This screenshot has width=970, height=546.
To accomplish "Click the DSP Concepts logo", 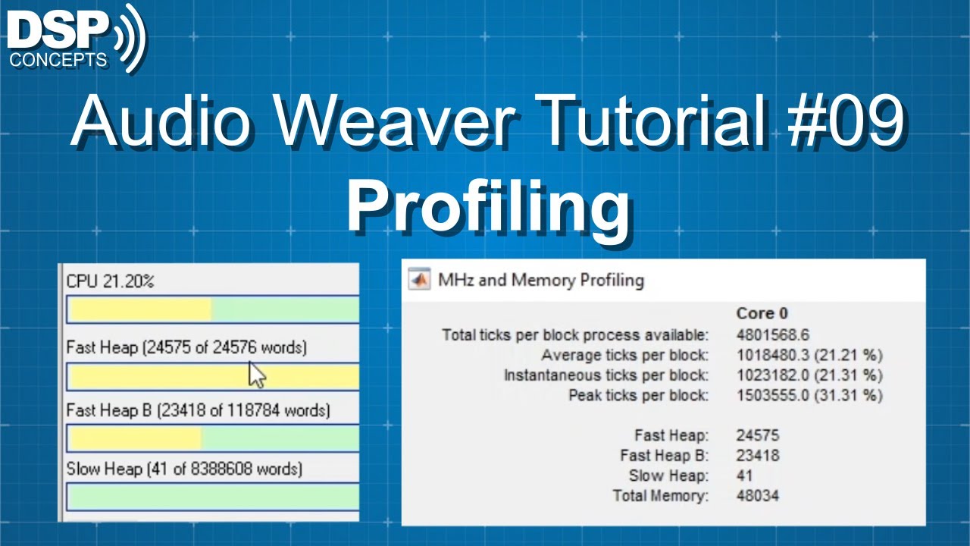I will (76, 38).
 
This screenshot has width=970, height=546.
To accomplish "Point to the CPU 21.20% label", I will (111, 281).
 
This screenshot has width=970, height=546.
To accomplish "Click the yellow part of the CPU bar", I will (139, 309).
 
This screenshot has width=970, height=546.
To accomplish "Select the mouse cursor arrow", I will (257, 374).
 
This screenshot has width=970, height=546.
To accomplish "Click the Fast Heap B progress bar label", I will (198, 410).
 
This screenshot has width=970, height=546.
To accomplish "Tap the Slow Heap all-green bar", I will (212, 497).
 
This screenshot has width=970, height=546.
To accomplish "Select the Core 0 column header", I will (762, 313).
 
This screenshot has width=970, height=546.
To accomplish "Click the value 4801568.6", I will (772, 334).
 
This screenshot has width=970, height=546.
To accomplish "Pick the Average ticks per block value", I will (809, 355).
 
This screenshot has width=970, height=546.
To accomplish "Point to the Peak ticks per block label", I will (638, 395).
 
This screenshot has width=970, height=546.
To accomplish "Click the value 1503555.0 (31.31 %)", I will (809, 395).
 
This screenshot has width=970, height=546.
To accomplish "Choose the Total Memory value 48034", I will (757, 496).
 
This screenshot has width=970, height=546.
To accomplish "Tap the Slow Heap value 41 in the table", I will (744, 475).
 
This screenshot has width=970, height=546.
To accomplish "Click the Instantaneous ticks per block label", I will (606, 375).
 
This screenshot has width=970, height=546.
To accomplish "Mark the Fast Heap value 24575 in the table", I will (757, 435).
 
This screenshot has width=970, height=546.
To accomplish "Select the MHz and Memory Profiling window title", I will (541, 280).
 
